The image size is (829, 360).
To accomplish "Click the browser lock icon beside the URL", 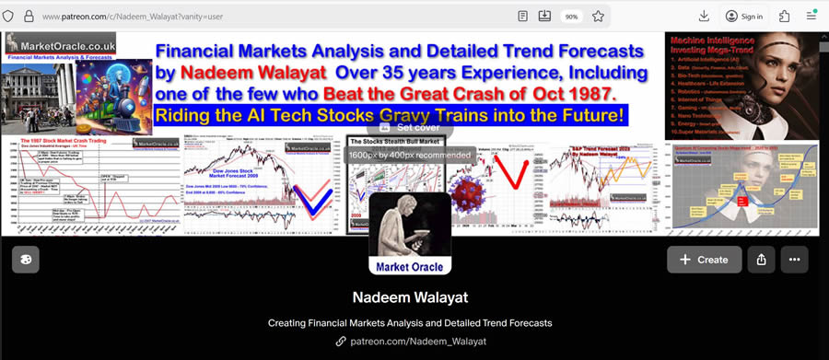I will [x=29, y=17].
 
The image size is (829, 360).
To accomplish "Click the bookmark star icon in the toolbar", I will [x=598, y=16].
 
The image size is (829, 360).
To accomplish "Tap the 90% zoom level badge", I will [x=571, y=17].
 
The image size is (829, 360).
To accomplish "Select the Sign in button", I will [x=743, y=16].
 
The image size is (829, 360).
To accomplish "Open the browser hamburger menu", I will [x=811, y=16].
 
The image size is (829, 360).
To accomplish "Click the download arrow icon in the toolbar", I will [x=704, y=16].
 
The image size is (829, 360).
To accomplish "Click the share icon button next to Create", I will [x=761, y=260].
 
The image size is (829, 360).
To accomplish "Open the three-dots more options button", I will [x=794, y=260].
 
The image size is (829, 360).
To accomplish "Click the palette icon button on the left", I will [x=26, y=260].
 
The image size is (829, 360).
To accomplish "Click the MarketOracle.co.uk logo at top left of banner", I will [x=50, y=45].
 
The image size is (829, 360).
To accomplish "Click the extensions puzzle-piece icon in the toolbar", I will [x=784, y=16].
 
